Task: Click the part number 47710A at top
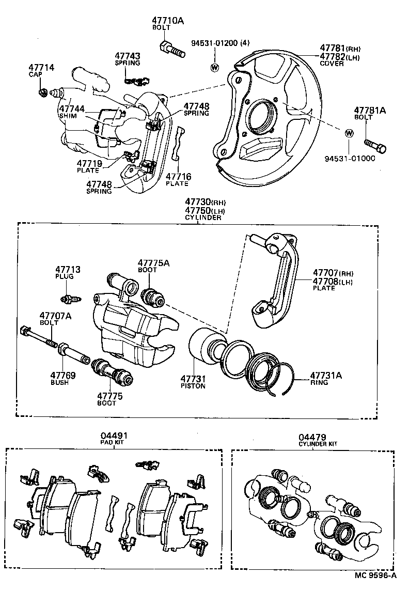[168, 21]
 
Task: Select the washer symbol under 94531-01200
[214, 67]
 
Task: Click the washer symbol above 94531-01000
[349, 133]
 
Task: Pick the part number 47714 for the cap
[41, 68]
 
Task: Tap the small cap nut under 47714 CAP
[43, 93]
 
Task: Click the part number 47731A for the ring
[325, 376]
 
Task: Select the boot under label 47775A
[152, 294]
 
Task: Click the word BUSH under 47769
[59, 383]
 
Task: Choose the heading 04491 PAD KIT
[113, 439]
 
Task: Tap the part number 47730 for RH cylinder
[196, 203]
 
